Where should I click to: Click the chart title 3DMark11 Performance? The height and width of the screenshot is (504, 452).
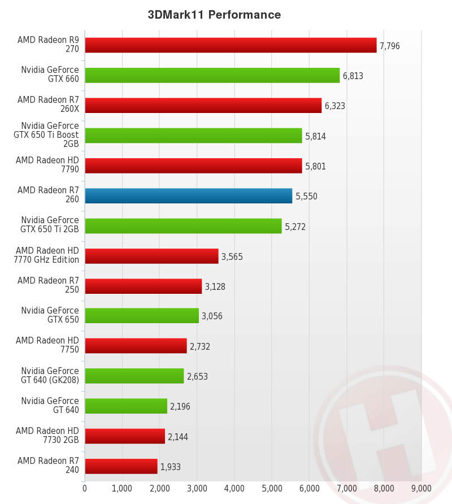point(214,15)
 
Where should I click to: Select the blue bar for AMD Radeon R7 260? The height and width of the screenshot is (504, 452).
point(188,195)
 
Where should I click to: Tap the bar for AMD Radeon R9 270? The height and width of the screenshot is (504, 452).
point(231,45)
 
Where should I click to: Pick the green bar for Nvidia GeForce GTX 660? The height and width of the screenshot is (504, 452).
point(212,75)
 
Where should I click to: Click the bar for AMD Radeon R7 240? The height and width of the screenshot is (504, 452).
point(121,466)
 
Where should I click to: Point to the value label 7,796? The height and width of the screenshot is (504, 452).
point(390,46)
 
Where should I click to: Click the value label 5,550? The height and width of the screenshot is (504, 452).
point(306,196)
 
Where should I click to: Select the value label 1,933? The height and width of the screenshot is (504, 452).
point(171,467)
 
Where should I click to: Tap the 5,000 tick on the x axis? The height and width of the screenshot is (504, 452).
point(271,488)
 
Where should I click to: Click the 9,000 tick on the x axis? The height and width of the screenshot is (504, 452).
point(421,488)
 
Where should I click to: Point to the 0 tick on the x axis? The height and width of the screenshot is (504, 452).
point(85,488)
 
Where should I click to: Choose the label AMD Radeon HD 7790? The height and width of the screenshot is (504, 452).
point(47,165)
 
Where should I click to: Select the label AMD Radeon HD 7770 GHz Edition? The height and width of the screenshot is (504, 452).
point(47,255)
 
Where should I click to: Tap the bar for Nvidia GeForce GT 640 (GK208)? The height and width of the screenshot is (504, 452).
point(134,376)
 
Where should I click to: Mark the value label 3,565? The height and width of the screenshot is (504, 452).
point(232,257)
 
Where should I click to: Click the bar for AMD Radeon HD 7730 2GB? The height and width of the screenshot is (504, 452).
point(124,436)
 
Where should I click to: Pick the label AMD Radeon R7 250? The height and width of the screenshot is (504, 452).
point(48,285)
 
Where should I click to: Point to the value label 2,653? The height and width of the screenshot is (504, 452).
point(197,376)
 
